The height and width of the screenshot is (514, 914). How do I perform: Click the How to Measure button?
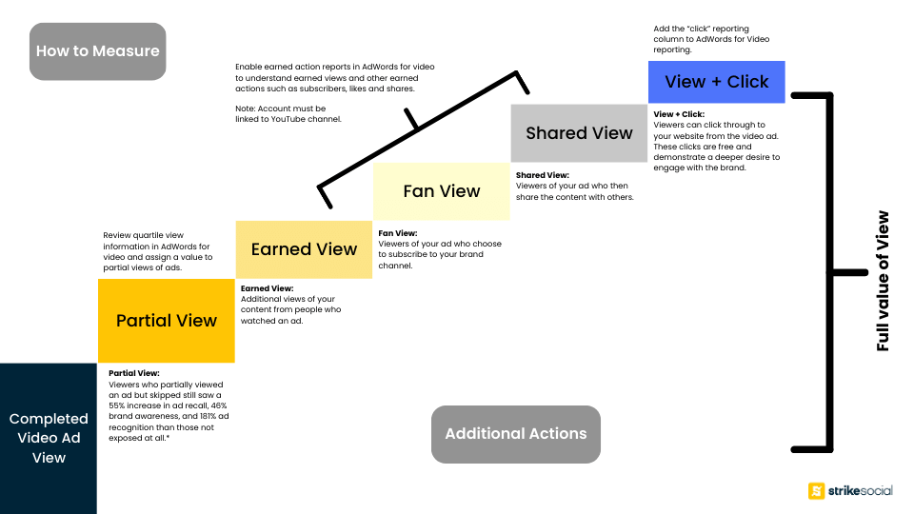98,51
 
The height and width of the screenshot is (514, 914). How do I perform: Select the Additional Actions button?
516,434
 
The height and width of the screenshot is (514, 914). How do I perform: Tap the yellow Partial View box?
166,321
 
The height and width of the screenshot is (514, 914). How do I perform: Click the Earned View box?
304,249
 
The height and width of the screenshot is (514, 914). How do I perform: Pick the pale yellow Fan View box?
441,191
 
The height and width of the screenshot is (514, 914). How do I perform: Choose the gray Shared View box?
579,133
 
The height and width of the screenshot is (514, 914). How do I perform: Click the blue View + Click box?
716,82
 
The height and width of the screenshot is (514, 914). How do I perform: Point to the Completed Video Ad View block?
49,438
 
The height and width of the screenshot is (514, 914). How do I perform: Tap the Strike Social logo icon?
816,491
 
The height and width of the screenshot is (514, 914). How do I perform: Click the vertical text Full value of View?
884,281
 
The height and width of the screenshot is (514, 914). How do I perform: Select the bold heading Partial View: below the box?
134,373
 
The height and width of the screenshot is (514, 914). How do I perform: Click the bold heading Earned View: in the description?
267,288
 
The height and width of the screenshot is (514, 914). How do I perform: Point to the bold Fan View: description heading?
398,233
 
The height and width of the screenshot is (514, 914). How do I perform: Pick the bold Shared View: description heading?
542,175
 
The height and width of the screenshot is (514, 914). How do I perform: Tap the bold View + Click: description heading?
679,114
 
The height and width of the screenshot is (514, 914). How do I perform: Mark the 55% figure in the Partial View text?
116,405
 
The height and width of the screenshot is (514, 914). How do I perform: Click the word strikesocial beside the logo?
861,491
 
